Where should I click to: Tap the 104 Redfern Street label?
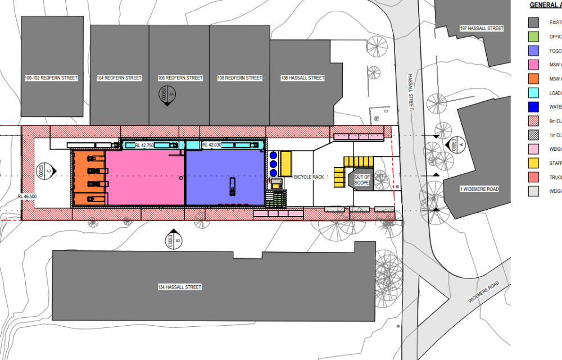coord(119,78)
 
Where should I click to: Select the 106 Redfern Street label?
coord(179,78)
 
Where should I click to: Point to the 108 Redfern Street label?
coord(239,78)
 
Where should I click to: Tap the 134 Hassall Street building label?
coord(179,287)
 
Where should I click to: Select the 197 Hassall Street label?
coord(481,28)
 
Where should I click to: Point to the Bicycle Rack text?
coord(309,177)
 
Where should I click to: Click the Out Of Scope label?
coord(362,180)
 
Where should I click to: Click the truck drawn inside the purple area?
coord(232,184)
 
